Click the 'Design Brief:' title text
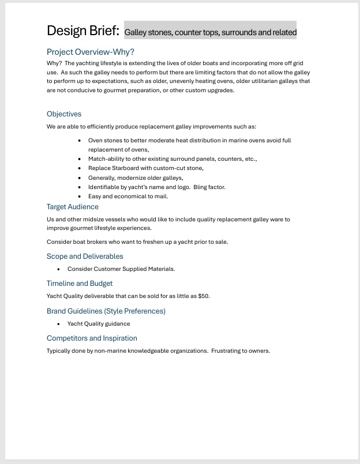click(83, 31)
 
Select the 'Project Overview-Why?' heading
click(91, 52)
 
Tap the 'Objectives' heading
click(64, 114)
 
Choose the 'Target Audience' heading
click(73, 207)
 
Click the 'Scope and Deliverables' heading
click(85, 256)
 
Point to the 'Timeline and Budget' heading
click(80, 284)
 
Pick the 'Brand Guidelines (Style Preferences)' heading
click(106, 311)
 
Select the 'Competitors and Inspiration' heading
click(92, 338)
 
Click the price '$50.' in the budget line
click(204, 296)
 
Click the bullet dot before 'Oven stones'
click(80, 141)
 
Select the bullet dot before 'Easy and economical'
click(80, 197)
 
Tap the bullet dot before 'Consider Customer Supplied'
click(59, 269)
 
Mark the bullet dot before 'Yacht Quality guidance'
click(59, 324)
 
